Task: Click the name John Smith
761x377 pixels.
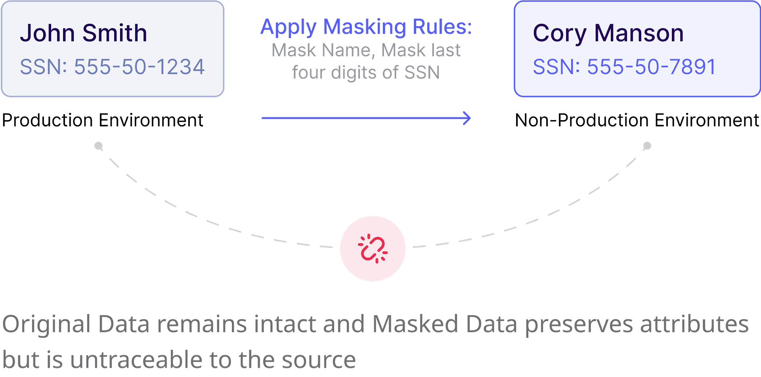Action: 83,33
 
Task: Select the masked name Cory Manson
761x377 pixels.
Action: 608,33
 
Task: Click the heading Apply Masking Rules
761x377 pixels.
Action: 365,27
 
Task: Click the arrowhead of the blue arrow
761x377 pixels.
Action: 468,118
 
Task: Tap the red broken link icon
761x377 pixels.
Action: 373,249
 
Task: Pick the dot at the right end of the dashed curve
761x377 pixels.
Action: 647,146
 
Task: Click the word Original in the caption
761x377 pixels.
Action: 47,324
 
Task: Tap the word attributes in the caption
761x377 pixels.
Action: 694,324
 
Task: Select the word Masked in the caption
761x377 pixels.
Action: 415,324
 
